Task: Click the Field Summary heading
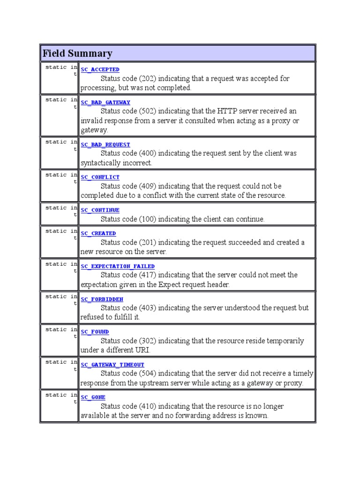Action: [x=77, y=53]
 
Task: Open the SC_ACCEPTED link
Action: [x=100, y=69]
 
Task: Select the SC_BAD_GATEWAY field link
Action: [x=105, y=102]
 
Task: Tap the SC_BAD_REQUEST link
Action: [x=105, y=144]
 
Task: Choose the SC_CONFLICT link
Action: [x=100, y=177]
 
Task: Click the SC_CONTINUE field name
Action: [x=100, y=210]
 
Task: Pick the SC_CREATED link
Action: [x=98, y=233]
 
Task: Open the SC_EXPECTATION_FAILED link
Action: [x=118, y=266]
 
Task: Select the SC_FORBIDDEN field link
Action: [x=102, y=299]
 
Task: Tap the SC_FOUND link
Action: [x=95, y=332]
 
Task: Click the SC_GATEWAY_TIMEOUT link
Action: [x=112, y=365]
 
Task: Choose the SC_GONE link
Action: [x=93, y=397]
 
